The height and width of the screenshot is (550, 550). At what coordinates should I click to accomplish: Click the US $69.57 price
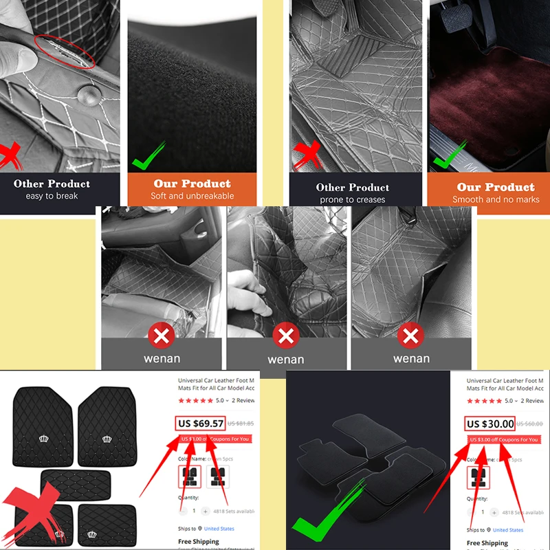click(x=201, y=423)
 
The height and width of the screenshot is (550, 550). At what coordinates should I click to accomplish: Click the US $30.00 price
click(x=490, y=423)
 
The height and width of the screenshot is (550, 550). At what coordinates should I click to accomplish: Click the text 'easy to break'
click(x=52, y=196)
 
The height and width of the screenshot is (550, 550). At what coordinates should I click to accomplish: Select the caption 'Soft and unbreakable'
click(x=192, y=196)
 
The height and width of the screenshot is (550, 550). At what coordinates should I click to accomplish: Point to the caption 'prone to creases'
click(x=353, y=199)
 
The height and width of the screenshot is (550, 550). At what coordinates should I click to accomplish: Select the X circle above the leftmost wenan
click(x=162, y=336)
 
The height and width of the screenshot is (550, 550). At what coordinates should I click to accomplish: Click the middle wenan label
click(x=286, y=359)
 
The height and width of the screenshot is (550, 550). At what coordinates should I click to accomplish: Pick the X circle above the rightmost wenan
click(x=411, y=336)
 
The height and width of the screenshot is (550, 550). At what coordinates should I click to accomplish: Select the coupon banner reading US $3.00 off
click(x=503, y=439)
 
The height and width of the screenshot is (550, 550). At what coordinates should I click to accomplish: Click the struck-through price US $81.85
click(x=241, y=424)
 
